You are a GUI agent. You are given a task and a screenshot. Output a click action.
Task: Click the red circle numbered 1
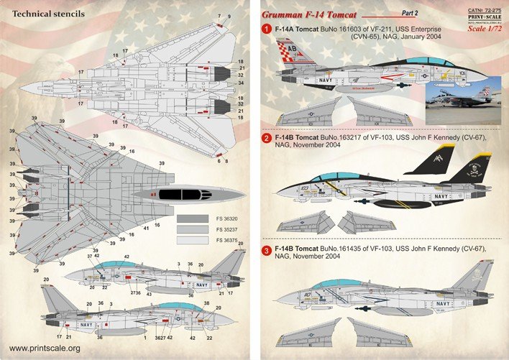click(265, 28)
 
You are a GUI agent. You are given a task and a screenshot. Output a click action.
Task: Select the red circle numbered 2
click(265, 138)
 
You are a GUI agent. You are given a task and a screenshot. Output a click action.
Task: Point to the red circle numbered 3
click(265, 251)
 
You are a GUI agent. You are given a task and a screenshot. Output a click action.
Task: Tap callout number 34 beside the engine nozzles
click(241, 83)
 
